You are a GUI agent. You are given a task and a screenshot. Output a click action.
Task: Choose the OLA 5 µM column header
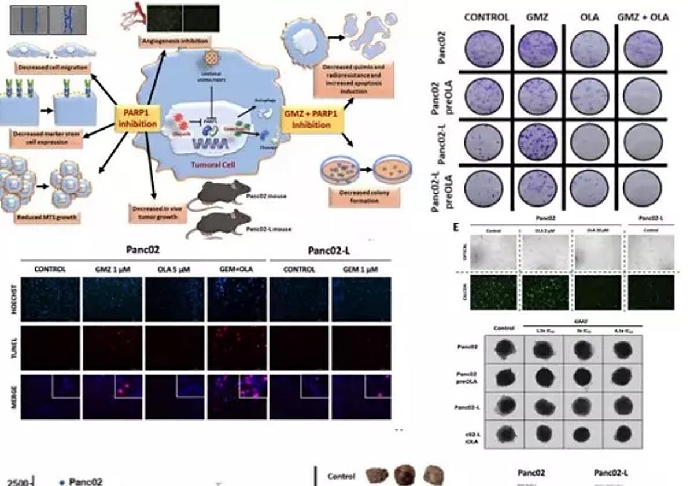click(174, 270)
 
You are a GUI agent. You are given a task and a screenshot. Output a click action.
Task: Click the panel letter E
click(457, 227)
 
